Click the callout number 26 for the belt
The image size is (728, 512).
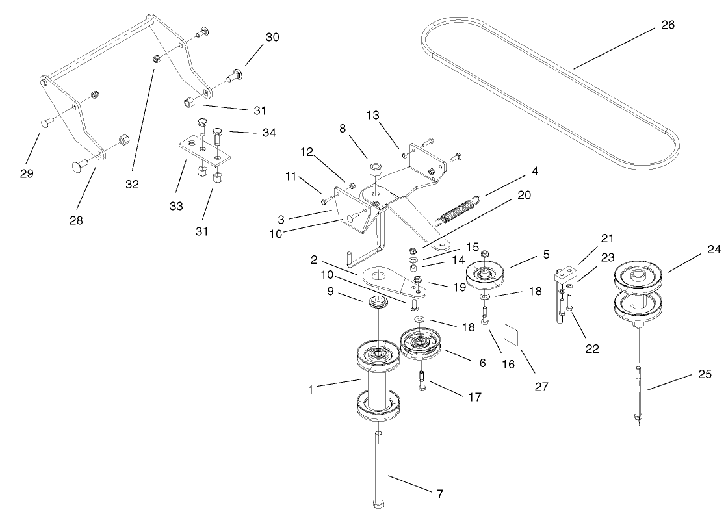coord(668,25)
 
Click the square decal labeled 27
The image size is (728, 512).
coord(515,336)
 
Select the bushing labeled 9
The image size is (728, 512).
coord(377,302)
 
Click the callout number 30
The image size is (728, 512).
coord(272,38)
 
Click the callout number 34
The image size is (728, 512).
coord(268,133)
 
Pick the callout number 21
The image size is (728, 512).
coord(607,238)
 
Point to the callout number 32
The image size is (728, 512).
coord(132,185)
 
